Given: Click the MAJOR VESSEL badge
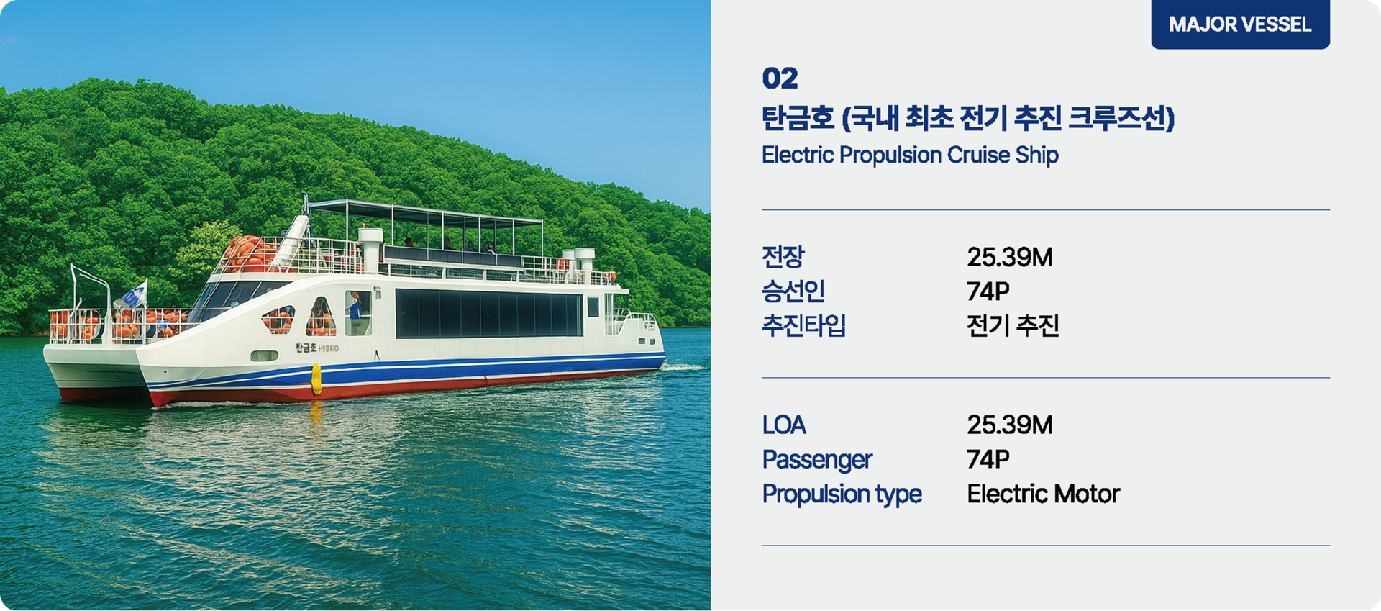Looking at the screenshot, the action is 1240,24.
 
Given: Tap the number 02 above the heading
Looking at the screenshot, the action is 780,78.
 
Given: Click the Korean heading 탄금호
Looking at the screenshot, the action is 798,118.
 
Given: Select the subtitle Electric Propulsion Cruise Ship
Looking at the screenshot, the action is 910,155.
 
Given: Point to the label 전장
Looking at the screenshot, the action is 783,256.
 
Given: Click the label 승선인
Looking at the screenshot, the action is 793,291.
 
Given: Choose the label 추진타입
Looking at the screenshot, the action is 803,325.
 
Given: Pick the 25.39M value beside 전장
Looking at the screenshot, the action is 1009,257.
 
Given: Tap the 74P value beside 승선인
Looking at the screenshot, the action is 988,291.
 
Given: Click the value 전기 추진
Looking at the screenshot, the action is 1013,325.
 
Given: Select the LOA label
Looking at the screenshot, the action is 784,425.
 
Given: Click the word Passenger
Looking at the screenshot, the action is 817,460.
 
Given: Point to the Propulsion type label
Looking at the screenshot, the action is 842,494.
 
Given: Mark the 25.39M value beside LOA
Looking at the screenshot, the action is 1009,425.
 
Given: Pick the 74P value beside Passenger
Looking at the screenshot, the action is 988,459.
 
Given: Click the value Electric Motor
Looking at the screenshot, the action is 1043,494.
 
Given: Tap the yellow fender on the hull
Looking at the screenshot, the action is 316,379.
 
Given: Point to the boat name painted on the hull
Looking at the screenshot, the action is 316,348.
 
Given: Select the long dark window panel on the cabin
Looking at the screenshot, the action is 489,313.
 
